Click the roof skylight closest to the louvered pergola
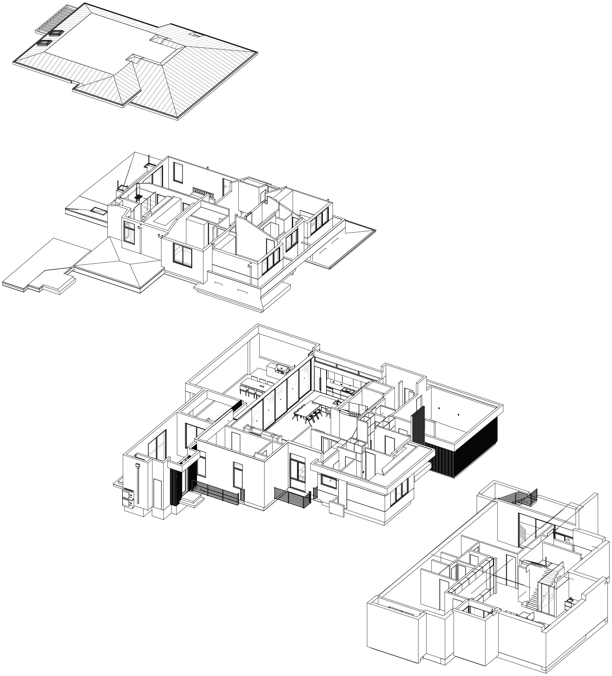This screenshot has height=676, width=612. click(x=56, y=33)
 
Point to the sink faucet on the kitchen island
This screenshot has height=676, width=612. click(x=338, y=401)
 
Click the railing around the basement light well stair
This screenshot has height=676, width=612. click(x=520, y=497)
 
